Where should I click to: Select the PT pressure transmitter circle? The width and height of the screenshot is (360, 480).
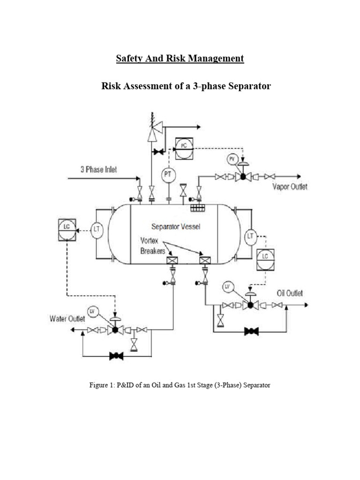point(167,175)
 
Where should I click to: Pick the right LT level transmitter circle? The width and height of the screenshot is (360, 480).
point(251,235)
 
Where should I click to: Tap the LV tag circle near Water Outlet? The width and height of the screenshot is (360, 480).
point(92,311)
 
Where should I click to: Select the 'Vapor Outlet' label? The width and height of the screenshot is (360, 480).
point(290,187)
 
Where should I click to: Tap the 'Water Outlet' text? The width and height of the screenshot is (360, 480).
point(67,319)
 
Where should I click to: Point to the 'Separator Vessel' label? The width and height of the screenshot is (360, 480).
point(175,227)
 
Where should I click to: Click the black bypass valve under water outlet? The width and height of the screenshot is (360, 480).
point(116,356)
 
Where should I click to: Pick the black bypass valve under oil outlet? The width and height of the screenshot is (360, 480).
point(252,331)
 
